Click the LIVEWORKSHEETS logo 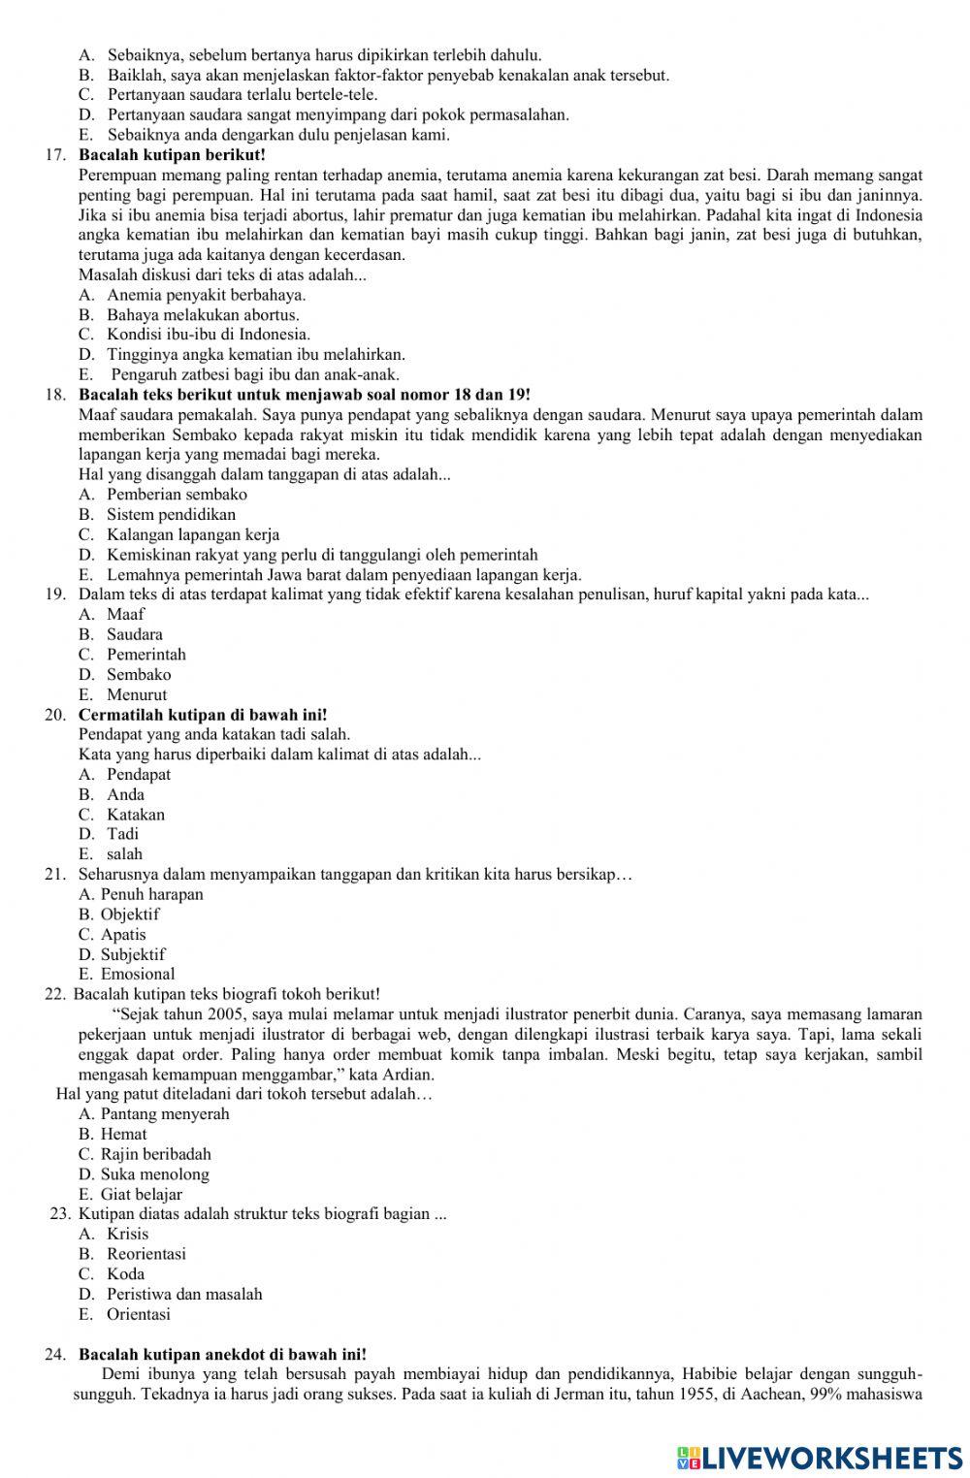tap(820, 1457)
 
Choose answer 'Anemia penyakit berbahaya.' tap(206, 295)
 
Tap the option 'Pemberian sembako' tap(177, 495)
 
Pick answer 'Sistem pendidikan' tap(171, 515)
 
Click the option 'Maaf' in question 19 tap(125, 615)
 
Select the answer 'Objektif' tap(130, 915)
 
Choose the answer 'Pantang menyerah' tap(165, 1114)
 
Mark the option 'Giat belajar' tap(142, 1195)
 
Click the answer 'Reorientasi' tap(145, 1254)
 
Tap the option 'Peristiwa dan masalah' tap(184, 1295)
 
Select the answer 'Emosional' tap(138, 975)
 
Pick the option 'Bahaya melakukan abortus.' tap(203, 315)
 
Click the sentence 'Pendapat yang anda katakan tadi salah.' tap(214, 734)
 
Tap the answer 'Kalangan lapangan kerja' tap(193, 535)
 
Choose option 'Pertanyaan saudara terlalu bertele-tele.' tap(242, 95)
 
